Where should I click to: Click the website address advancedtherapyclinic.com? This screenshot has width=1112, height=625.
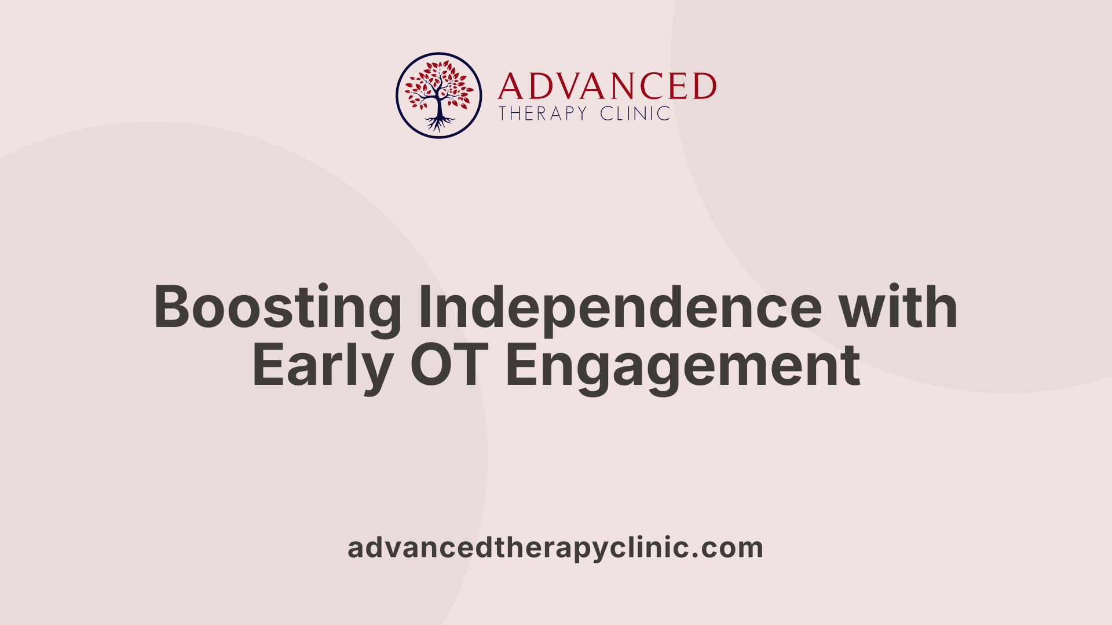[555, 547]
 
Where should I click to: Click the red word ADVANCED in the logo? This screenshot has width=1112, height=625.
[606, 87]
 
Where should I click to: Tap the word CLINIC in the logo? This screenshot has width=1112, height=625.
[635, 113]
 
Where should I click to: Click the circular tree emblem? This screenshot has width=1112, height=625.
[438, 95]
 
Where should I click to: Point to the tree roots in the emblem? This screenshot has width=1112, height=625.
[439, 123]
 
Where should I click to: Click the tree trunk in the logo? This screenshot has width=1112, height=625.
[439, 107]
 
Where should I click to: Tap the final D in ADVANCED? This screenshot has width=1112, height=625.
[704, 87]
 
